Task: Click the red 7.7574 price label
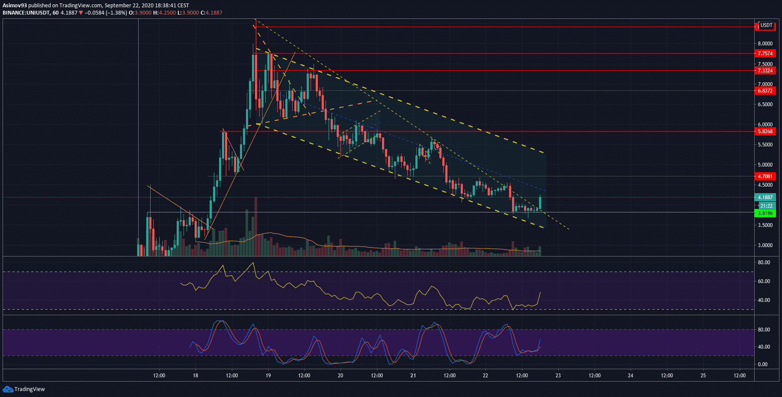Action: click(765, 54)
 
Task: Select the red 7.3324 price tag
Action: click(765, 71)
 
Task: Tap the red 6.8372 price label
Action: click(765, 91)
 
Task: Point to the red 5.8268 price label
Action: click(765, 131)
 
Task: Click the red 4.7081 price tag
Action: click(765, 176)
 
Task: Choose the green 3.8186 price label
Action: click(765, 213)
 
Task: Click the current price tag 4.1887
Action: click(765, 197)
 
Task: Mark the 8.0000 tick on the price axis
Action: click(765, 44)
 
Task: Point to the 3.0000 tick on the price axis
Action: click(765, 245)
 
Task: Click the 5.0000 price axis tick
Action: click(765, 165)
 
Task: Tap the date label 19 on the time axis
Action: click(268, 376)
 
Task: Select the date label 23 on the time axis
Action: click(558, 376)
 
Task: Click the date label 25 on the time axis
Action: click(703, 376)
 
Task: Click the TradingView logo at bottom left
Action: click(24, 389)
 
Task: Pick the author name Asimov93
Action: click(15, 6)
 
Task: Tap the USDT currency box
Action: click(766, 25)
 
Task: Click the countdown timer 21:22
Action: click(766, 206)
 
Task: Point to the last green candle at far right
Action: click(540, 203)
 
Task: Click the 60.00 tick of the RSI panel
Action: click(764, 281)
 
